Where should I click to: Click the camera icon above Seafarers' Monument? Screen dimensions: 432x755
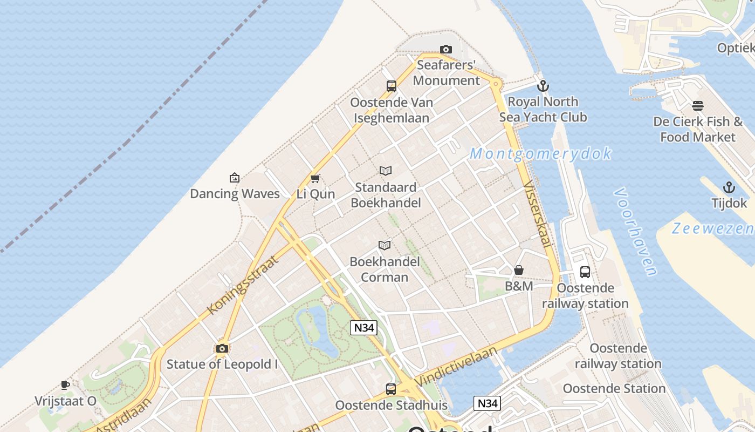click(446, 50)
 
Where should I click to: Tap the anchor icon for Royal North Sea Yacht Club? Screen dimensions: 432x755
click(543, 86)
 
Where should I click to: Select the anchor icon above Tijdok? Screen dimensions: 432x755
click(729, 187)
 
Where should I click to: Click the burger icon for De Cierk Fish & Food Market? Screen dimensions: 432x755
click(698, 106)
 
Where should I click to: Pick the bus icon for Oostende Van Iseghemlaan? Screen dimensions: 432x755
click(392, 86)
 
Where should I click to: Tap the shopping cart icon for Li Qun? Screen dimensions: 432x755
click(315, 178)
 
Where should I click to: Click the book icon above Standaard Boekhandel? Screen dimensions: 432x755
click(386, 171)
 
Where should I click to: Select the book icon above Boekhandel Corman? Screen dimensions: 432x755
click(385, 246)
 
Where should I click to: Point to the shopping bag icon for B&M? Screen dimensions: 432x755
click(519, 270)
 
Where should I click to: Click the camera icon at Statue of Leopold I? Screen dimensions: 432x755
click(222, 348)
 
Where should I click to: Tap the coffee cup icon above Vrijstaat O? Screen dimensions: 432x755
click(65, 385)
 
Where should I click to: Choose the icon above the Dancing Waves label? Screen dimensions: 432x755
click(235, 178)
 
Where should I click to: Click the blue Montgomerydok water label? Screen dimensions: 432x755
click(540, 154)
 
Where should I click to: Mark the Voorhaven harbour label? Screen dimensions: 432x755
click(636, 232)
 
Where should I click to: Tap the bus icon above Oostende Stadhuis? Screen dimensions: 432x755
click(391, 389)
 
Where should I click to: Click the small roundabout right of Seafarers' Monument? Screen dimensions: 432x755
click(496, 84)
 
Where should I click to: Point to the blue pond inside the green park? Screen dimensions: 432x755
click(321, 329)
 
